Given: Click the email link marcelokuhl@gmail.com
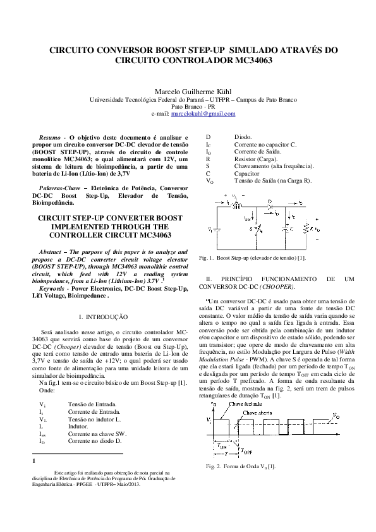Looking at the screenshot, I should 203,114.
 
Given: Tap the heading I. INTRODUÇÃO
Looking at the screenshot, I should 102,315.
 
